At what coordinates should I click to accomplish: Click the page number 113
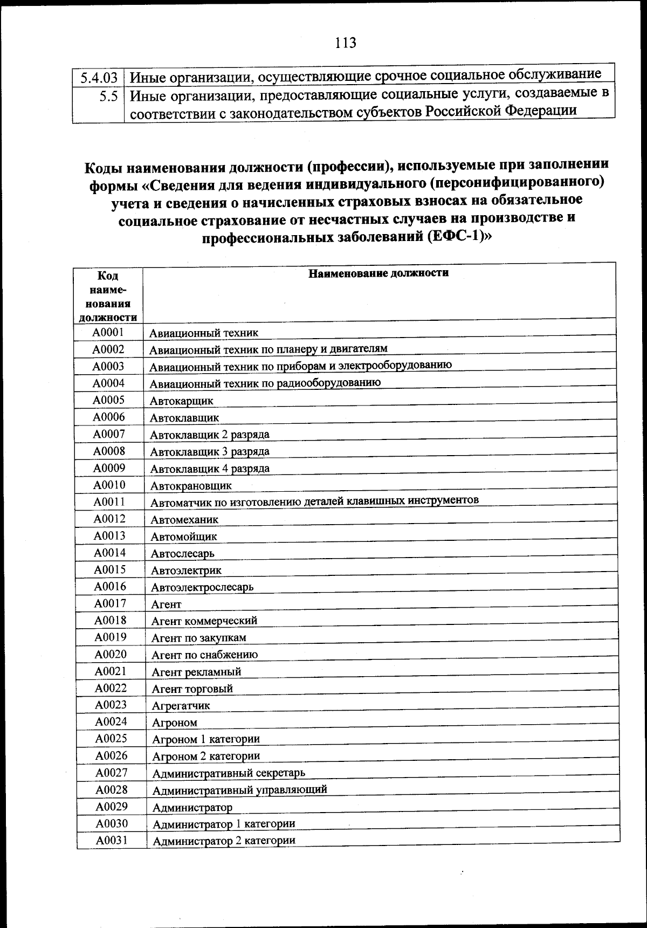346,43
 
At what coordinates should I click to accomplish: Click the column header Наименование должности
378,273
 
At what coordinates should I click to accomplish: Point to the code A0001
108,332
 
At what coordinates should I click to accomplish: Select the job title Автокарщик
182,401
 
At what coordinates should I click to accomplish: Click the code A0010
109,485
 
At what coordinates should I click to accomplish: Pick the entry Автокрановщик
191,486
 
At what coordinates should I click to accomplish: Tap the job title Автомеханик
184,520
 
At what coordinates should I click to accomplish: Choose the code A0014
109,553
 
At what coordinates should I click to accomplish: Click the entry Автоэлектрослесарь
202,587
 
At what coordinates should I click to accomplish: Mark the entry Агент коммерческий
204,621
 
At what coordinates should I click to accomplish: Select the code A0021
111,671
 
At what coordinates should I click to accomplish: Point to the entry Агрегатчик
181,705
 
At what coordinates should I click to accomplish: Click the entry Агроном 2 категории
206,756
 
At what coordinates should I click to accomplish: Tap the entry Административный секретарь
229,773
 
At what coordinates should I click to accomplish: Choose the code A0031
112,840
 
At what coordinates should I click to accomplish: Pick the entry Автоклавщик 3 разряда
210,451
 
